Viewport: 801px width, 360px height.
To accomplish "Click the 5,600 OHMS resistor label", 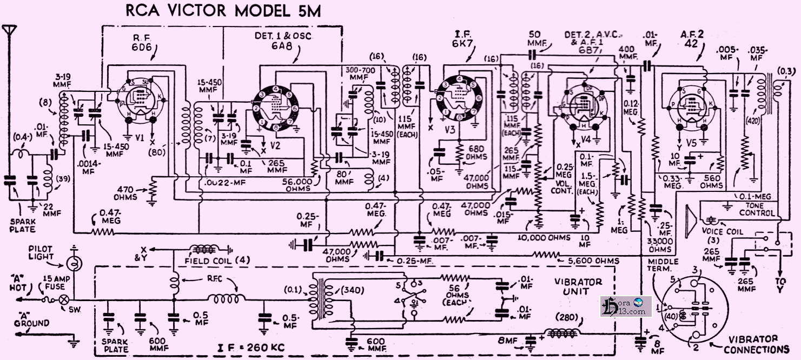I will tap(593, 261).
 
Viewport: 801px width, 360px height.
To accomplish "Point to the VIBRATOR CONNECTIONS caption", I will tap(757, 344).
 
